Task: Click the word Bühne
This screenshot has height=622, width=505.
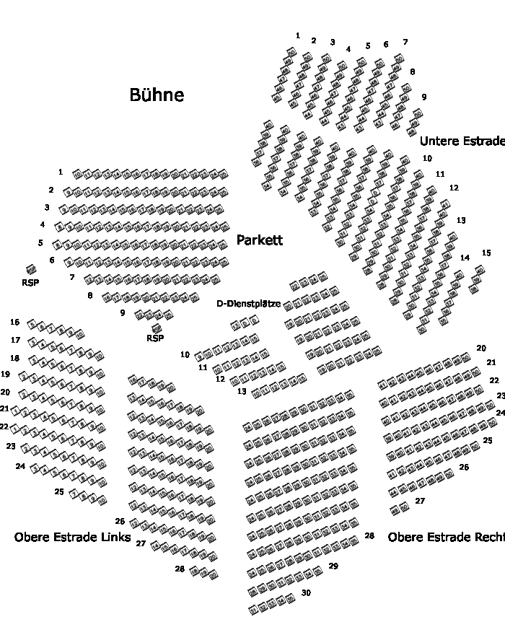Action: coord(157,95)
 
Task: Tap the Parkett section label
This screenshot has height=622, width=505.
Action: coord(260,240)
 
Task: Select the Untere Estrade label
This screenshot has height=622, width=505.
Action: coord(462,141)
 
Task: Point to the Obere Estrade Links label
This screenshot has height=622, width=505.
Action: coord(72,538)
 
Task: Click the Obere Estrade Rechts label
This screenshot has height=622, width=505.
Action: coord(446,538)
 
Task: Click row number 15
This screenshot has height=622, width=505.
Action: coord(486,253)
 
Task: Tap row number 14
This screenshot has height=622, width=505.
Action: coord(465,258)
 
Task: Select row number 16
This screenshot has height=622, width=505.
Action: coord(15,323)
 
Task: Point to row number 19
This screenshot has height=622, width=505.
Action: coord(5,374)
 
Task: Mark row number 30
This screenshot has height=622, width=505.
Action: coord(306,593)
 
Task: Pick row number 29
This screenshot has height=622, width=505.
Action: coord(333,566)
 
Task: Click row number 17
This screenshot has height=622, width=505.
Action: coord(15,340)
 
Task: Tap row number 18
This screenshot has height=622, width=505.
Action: coord(14,358)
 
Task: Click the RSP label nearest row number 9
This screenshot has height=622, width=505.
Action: coord(155,338)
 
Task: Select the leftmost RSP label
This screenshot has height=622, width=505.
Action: coord(30,283)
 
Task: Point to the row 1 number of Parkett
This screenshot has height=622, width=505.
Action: coord(61,172)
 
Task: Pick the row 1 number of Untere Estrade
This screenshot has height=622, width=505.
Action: coord(298,35)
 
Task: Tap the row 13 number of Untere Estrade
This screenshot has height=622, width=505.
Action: coord(461,220)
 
